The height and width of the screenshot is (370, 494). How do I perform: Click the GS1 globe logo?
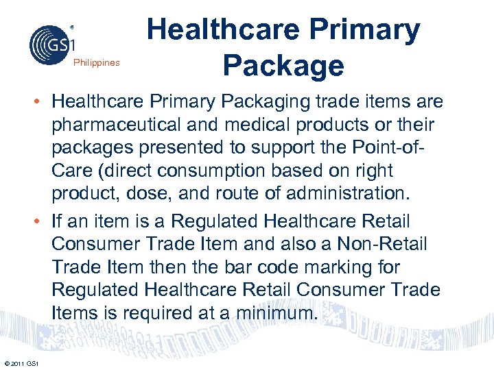(49, 44)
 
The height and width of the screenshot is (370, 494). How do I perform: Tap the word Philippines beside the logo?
(96, 63)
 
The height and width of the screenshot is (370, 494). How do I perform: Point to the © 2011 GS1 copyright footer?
(21, 362)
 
